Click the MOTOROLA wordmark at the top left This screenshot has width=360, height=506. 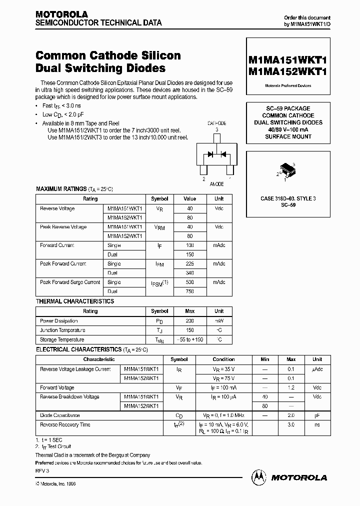[x=61, y=14]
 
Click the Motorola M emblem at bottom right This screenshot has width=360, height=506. [x=259, y=477]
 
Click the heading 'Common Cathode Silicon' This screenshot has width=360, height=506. [x=108, y=55]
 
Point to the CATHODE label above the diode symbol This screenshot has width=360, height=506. [x=216, y=123]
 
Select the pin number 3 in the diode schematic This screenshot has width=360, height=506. [x=216, y=129]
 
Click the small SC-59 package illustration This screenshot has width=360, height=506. [x=287, y=169]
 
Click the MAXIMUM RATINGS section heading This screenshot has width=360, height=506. [x=55, y=189]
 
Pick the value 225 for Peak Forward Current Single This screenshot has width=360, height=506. [x=189, y=263]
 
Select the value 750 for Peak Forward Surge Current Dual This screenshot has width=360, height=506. [x=189, y=291]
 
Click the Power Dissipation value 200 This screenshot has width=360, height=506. [x=189, y=320]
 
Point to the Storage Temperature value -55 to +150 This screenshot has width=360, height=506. [x=189, y=339]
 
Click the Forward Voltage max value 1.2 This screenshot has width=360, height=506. [x=291, y=387]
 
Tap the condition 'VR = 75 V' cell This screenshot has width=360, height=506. [x=223, y=378]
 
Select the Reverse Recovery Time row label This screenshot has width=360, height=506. [x=65, y=424]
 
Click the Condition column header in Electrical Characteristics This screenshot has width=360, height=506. [x=223, y=359]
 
